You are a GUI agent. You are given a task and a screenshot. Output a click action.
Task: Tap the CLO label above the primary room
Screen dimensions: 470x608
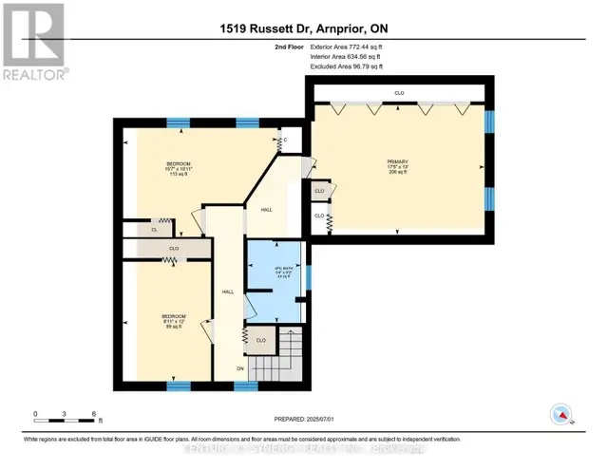click(399, 93)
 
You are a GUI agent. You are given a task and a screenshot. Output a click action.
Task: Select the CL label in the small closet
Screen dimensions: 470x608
click(154, 229)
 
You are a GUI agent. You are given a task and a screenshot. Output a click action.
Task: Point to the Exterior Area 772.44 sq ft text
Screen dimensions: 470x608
click(348, 46)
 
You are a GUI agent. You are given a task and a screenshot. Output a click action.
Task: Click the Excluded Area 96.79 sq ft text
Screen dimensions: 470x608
click(347, 67)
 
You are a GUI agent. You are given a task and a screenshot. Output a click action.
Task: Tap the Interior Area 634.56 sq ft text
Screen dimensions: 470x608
click(347, 57)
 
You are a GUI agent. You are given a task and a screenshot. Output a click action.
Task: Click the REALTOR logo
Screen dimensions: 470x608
click(33, 43)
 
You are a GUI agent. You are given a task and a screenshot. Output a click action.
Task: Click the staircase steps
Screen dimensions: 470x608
click(284, 361)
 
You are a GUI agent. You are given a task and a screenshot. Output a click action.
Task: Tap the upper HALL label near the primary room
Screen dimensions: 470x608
click(269, 208)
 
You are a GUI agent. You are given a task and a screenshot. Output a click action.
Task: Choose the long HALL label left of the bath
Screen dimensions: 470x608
click(227, 291)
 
